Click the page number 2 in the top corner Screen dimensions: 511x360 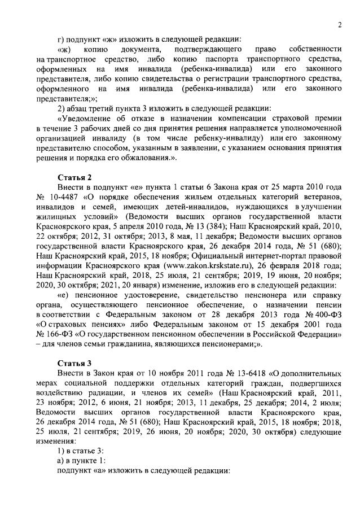(340, 24)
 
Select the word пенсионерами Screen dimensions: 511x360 (247, 344)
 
